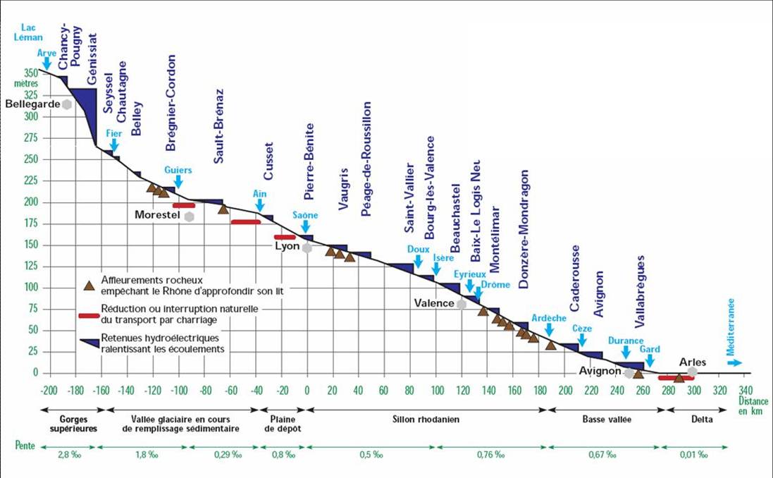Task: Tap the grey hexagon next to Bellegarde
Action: pyautogui.click(x=67, y=104)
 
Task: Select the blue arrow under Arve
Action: pyautogui.click(x=47, y=64)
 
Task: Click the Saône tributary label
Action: pyautogui.click(x=305, y=215)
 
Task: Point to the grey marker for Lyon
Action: pyautogui.click(x=307, y=247)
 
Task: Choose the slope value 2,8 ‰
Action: pyautogui.click(x=68, y=455)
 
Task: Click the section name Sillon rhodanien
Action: pyautogui.click(x=426, y=419)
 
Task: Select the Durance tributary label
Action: pyautogui.click(x=626, y=341)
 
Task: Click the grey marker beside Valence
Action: pyautogui.click(x=462, y=304)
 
